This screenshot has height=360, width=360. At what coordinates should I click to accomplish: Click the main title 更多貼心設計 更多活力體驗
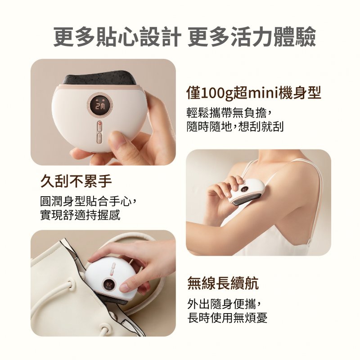tap(184, 36)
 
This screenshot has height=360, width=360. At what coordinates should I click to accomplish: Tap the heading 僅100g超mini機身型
tap(254, 93)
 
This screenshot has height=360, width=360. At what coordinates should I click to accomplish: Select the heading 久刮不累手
tap(76, 181)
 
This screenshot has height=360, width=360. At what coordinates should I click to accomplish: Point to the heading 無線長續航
tap(223, 283)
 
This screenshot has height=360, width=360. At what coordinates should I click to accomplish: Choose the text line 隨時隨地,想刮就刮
tap(235, 126)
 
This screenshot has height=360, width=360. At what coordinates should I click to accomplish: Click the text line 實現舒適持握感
tap(80, 215)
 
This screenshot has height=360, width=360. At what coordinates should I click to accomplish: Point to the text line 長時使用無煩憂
tap(227, 318)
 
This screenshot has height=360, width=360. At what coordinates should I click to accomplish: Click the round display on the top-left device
tap(100, 104)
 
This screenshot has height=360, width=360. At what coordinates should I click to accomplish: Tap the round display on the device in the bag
tap(109, 285)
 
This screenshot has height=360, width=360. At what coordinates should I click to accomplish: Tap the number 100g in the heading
tap(217, 94)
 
